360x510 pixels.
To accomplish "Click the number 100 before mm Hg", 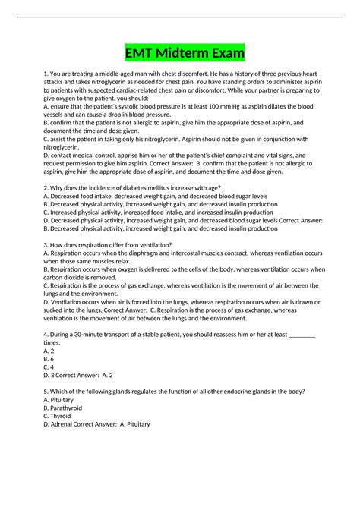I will [206, 107].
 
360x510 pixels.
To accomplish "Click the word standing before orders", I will [241, 83].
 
